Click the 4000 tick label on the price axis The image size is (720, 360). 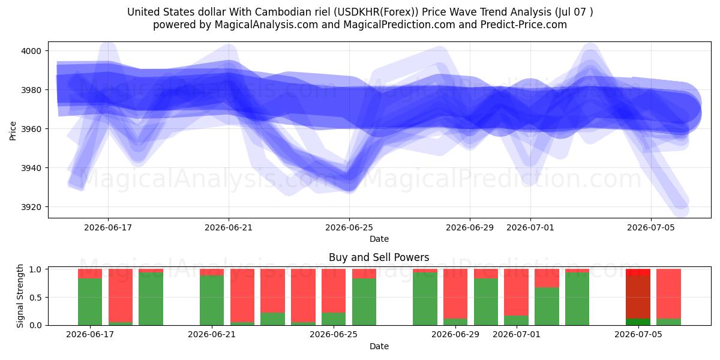click(31, 51)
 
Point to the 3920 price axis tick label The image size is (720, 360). click(31, 207)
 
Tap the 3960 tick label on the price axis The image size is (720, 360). click(31, 129)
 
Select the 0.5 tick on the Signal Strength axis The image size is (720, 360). click(35, 298)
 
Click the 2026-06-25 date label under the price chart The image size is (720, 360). click(349, 227)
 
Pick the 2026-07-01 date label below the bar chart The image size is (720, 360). click(516, 334)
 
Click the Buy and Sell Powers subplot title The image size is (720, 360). click(379, 257)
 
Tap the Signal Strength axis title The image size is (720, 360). click(20, 296)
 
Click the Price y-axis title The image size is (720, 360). click(13, 131)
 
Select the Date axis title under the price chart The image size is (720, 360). click(379, 239)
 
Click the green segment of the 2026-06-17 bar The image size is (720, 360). click(90, 302)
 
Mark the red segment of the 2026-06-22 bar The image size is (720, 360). click(242, 295)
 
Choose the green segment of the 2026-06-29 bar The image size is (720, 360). click(455, 322)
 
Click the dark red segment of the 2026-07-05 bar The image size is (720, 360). click(638, 297)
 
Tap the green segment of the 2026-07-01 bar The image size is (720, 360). click(516, 320)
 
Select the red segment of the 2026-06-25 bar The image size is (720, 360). click(334, 291)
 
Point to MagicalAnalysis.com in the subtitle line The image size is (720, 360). click(266, 25)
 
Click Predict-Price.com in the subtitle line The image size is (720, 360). click(524, 25)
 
